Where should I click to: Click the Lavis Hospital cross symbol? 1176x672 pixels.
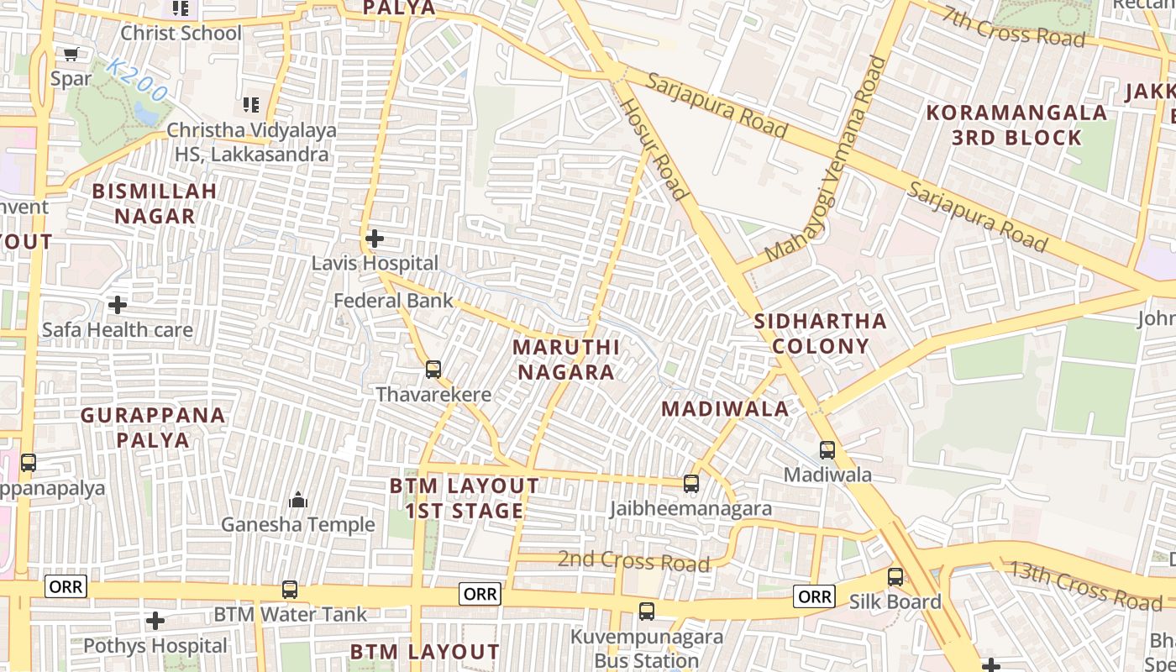pos(375,239)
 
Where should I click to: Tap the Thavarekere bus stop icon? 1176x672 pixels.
pos(433,369)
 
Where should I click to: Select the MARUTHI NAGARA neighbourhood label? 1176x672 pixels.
pos(565,360)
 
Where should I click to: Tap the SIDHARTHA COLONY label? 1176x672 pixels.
pos(820,333)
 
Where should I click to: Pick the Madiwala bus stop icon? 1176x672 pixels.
pos(827,450)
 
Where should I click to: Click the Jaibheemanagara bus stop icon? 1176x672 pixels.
pos(691,484)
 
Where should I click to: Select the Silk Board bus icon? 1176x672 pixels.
pos(895,577)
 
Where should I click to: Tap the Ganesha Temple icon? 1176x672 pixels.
pos(298,501)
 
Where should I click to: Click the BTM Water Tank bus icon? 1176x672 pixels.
pos(290,590)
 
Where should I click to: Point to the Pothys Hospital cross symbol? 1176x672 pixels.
pos(155,622)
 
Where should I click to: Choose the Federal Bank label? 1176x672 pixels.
pos(393,301)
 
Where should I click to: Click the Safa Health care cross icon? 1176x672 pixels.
pos(118,304)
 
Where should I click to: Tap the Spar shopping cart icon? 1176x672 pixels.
pos(71,55)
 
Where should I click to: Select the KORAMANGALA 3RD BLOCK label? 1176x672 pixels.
pos(1016,125)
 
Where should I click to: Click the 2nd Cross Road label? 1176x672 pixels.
pos(633,560)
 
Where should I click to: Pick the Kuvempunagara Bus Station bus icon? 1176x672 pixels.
pos(647,612)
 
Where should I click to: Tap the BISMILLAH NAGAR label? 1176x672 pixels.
pos(155,203)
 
